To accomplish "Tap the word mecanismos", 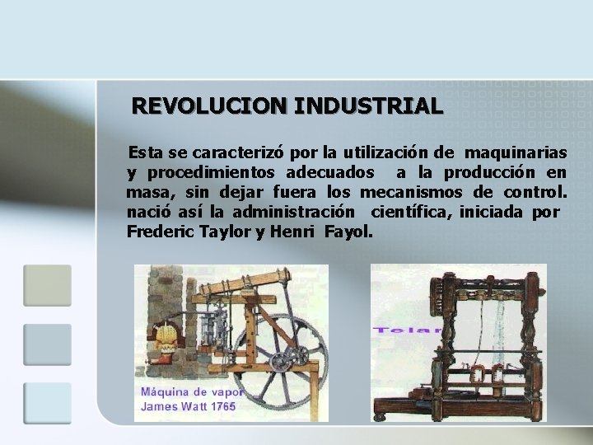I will coord(404,192).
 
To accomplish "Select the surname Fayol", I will coord(349,232).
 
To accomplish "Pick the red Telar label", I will coord(408,330).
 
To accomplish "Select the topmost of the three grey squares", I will coord(47,285).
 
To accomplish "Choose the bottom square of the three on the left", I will coord(47,403).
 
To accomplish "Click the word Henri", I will coord(293,232).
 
